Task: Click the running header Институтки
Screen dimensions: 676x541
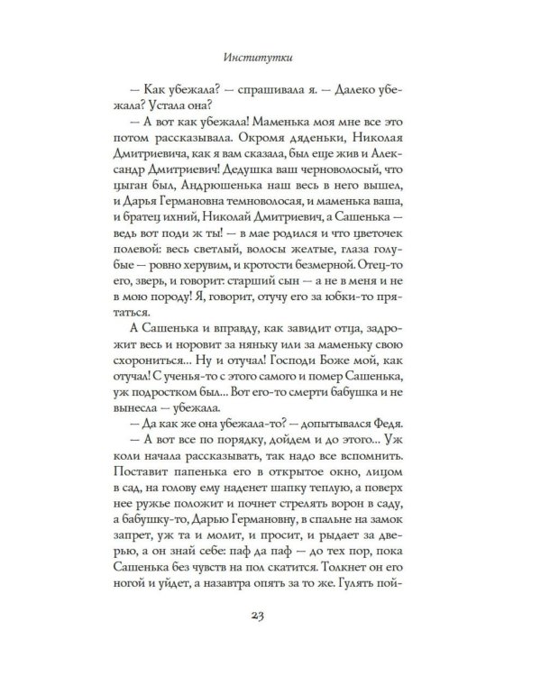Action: (x=270, y=59)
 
